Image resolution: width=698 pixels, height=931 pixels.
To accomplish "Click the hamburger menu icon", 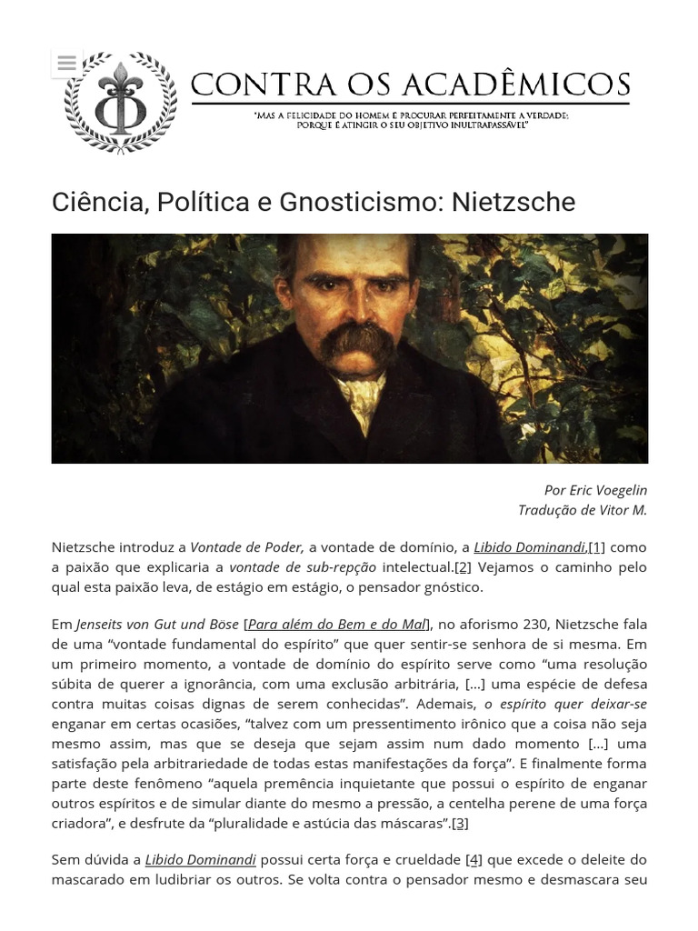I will pos(65,63).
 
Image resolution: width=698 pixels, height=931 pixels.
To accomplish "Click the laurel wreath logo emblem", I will pos(121,102).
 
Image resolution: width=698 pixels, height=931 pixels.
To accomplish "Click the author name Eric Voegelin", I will pos(609,490).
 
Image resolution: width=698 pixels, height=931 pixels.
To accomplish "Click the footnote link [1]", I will pos(596,547).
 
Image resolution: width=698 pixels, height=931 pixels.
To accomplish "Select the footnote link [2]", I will pos(463,567).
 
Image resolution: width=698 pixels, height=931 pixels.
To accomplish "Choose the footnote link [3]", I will pos(460,824).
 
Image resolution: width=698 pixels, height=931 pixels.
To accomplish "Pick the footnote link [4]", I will pos(474,859).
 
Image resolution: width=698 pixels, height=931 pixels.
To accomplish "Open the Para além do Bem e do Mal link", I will pos(336,624).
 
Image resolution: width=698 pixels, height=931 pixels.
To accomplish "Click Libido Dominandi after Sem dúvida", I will pos(201,859).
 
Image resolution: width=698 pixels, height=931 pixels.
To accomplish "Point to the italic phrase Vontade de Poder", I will pos(248,547).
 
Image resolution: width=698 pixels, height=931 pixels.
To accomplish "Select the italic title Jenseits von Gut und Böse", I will pos(157,624).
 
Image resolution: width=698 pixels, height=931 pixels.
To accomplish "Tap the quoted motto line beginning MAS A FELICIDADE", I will pos(412,116).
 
